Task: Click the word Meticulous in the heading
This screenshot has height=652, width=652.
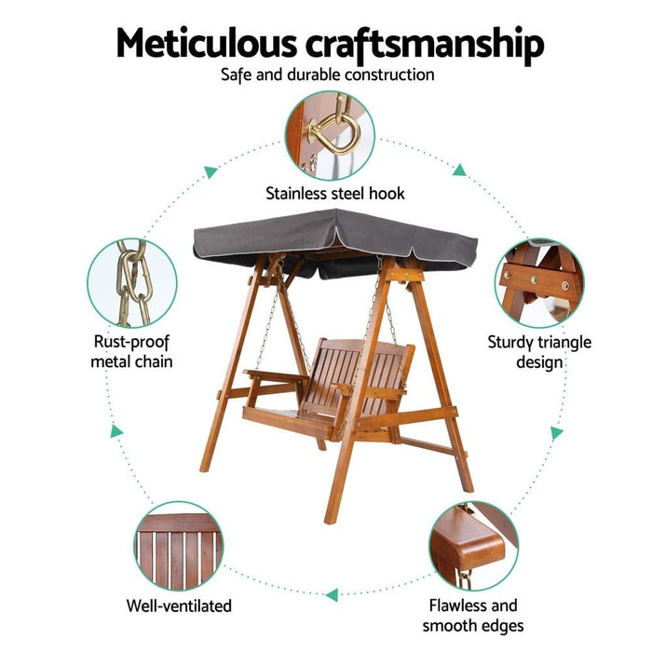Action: (207, 43)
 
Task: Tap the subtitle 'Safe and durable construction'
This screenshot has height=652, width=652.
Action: (328, 75)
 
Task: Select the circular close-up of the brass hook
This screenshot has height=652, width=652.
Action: (330, 136)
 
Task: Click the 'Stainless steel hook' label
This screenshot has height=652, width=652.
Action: (335, 194)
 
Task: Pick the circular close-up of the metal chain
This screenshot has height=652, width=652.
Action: (132, 283)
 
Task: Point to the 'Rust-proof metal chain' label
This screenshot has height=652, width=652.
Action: (131, 351)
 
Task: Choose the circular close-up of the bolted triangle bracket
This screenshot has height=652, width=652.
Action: (539, 283)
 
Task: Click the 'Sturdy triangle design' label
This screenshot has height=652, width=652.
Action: (539, 352)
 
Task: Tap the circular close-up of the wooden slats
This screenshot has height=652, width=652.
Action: (179, 546)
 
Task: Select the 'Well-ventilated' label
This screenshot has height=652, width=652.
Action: (179, 605)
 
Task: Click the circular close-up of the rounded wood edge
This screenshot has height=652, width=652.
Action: (473, 546)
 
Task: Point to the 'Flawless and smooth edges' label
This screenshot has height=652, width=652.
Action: (473, 616)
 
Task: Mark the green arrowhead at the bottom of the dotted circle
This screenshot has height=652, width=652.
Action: (332, 594)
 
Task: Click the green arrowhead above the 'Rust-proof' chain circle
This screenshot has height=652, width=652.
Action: (211, 171)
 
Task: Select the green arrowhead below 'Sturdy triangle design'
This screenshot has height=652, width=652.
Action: (556, 433)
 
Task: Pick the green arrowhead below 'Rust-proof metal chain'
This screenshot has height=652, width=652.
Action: (116, 431)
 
